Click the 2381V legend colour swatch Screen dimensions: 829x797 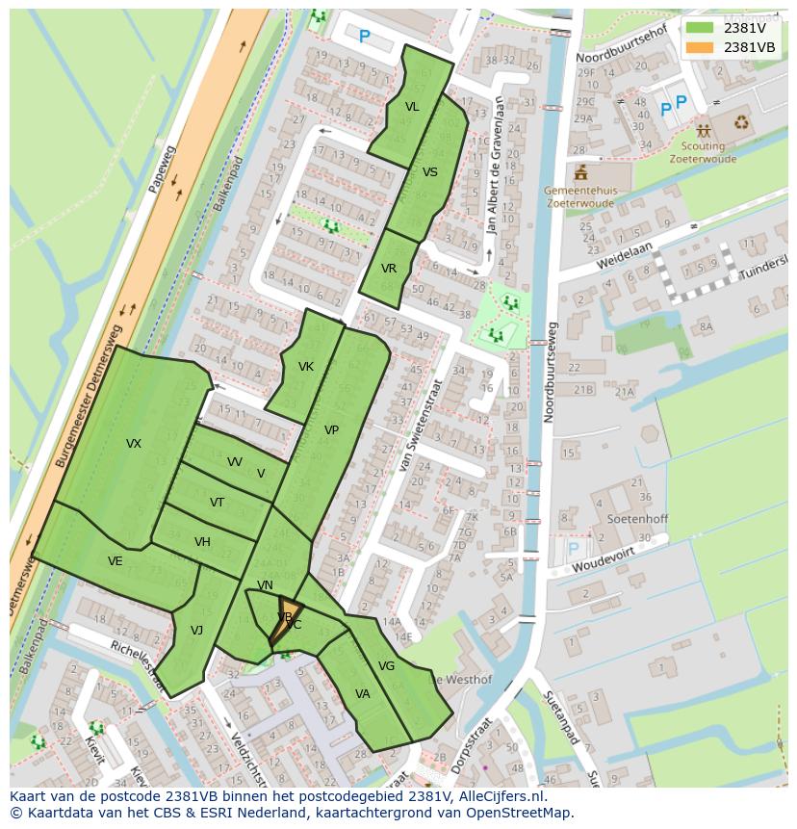(x=700, y=28)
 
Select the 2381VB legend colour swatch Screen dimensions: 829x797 (x=700, y=47)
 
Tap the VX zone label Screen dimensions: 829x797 (x=134, y=444)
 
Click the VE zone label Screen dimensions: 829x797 (x=115, y=561)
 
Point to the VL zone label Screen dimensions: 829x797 (x=412, y=107)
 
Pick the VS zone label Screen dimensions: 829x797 (x=430, y=172)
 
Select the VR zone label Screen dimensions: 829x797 (x=389, y=269)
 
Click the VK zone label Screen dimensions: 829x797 (x=306, y=367)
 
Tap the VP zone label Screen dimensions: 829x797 (x=331, y=430)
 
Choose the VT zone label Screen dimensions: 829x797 (x=217, y=503)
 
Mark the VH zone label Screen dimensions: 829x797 (x=202, y=542)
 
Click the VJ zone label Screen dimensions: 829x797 (x=196, y=631)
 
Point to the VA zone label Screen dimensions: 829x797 (x=363, y=694)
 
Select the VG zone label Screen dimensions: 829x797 (x=386, y=666)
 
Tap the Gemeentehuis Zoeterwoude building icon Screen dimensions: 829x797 (x=580, y=173)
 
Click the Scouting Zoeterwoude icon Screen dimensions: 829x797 (x=704, y=130)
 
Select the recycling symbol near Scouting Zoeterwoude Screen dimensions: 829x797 (x=741, y=122)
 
